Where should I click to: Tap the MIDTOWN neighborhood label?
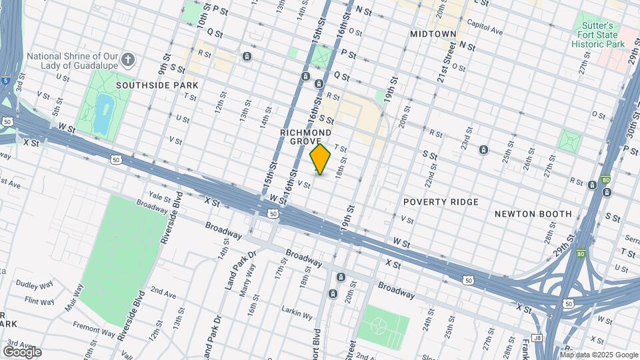click(433, 33)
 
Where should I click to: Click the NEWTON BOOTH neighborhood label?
click(533, 214)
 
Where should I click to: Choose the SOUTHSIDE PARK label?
click(157, 85)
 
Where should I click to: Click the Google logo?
click(22, 351)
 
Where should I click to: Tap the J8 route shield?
click(537, 338)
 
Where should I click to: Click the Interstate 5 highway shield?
click(6, 81)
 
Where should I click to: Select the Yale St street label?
click(160, 197)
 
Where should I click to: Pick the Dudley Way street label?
click(32, 283)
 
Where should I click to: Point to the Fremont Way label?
click(95, 329)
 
